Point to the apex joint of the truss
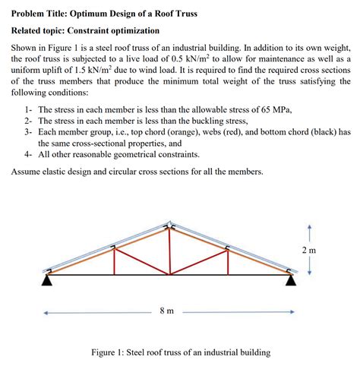[170, 227]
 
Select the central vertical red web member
[170, 251]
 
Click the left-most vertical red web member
[114, 261]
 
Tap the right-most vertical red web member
[229, 262]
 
